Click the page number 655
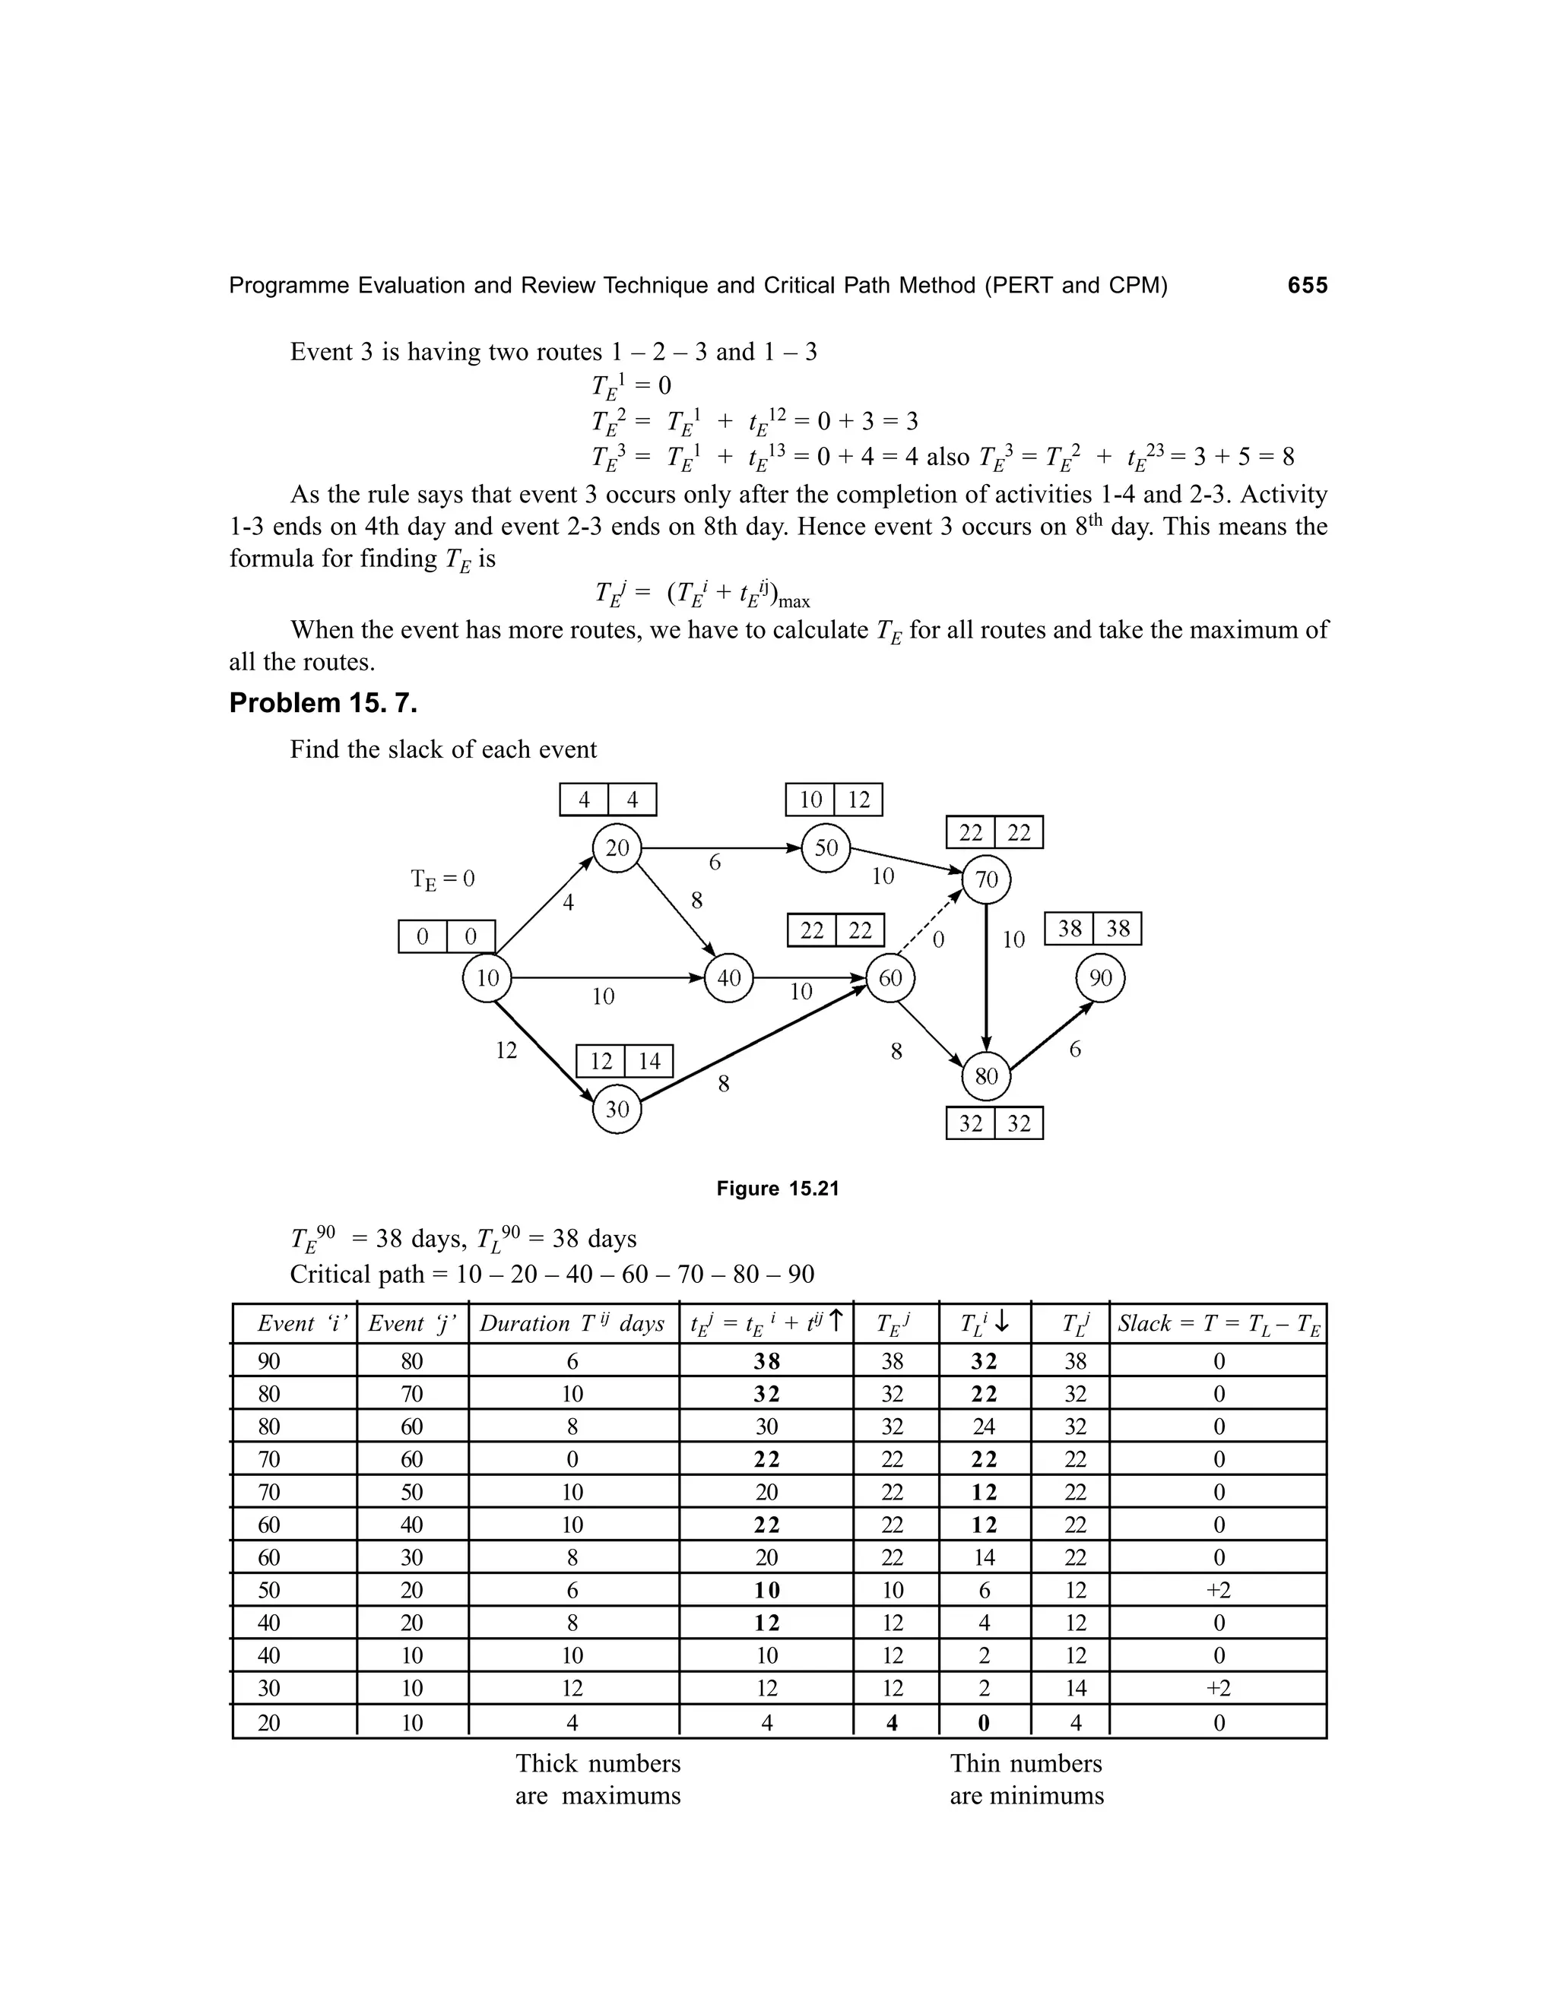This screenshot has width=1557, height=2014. tap(1307, 286)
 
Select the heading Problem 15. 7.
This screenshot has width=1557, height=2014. tap(323, 704)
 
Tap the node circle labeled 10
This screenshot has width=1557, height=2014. tap(487, 977)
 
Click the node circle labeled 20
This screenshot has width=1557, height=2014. tap(617, 847)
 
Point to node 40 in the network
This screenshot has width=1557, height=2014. tap(728, 977)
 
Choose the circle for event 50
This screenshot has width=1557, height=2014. tap(826, 847)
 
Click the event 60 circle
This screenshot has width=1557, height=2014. tap(890, 977)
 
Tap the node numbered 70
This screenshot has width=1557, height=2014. tap(986, 880)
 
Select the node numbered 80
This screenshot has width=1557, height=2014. tap(986, 1076)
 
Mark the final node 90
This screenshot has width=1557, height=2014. tap(1100, 977)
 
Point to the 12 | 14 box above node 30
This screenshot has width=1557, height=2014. tap(624, 1062)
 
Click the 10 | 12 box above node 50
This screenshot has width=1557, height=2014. tap(834, 800)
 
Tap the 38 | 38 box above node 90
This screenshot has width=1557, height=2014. tap(1093, 929)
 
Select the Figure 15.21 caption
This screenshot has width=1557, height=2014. tap(778, 1189)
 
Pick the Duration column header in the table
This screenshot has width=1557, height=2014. tap(572, 1324)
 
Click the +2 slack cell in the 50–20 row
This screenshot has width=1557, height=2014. tap(1219, 1590)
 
